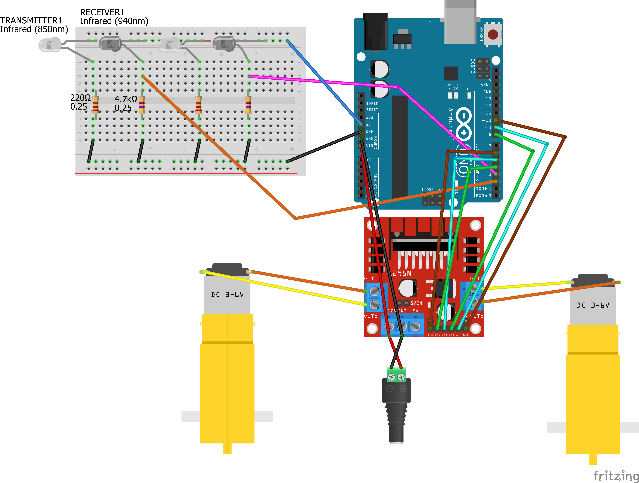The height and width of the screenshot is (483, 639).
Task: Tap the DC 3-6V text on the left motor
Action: (227, 295)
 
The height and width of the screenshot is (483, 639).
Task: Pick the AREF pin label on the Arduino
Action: (486, 84)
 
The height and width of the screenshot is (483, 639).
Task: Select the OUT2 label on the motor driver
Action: (371, 316)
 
